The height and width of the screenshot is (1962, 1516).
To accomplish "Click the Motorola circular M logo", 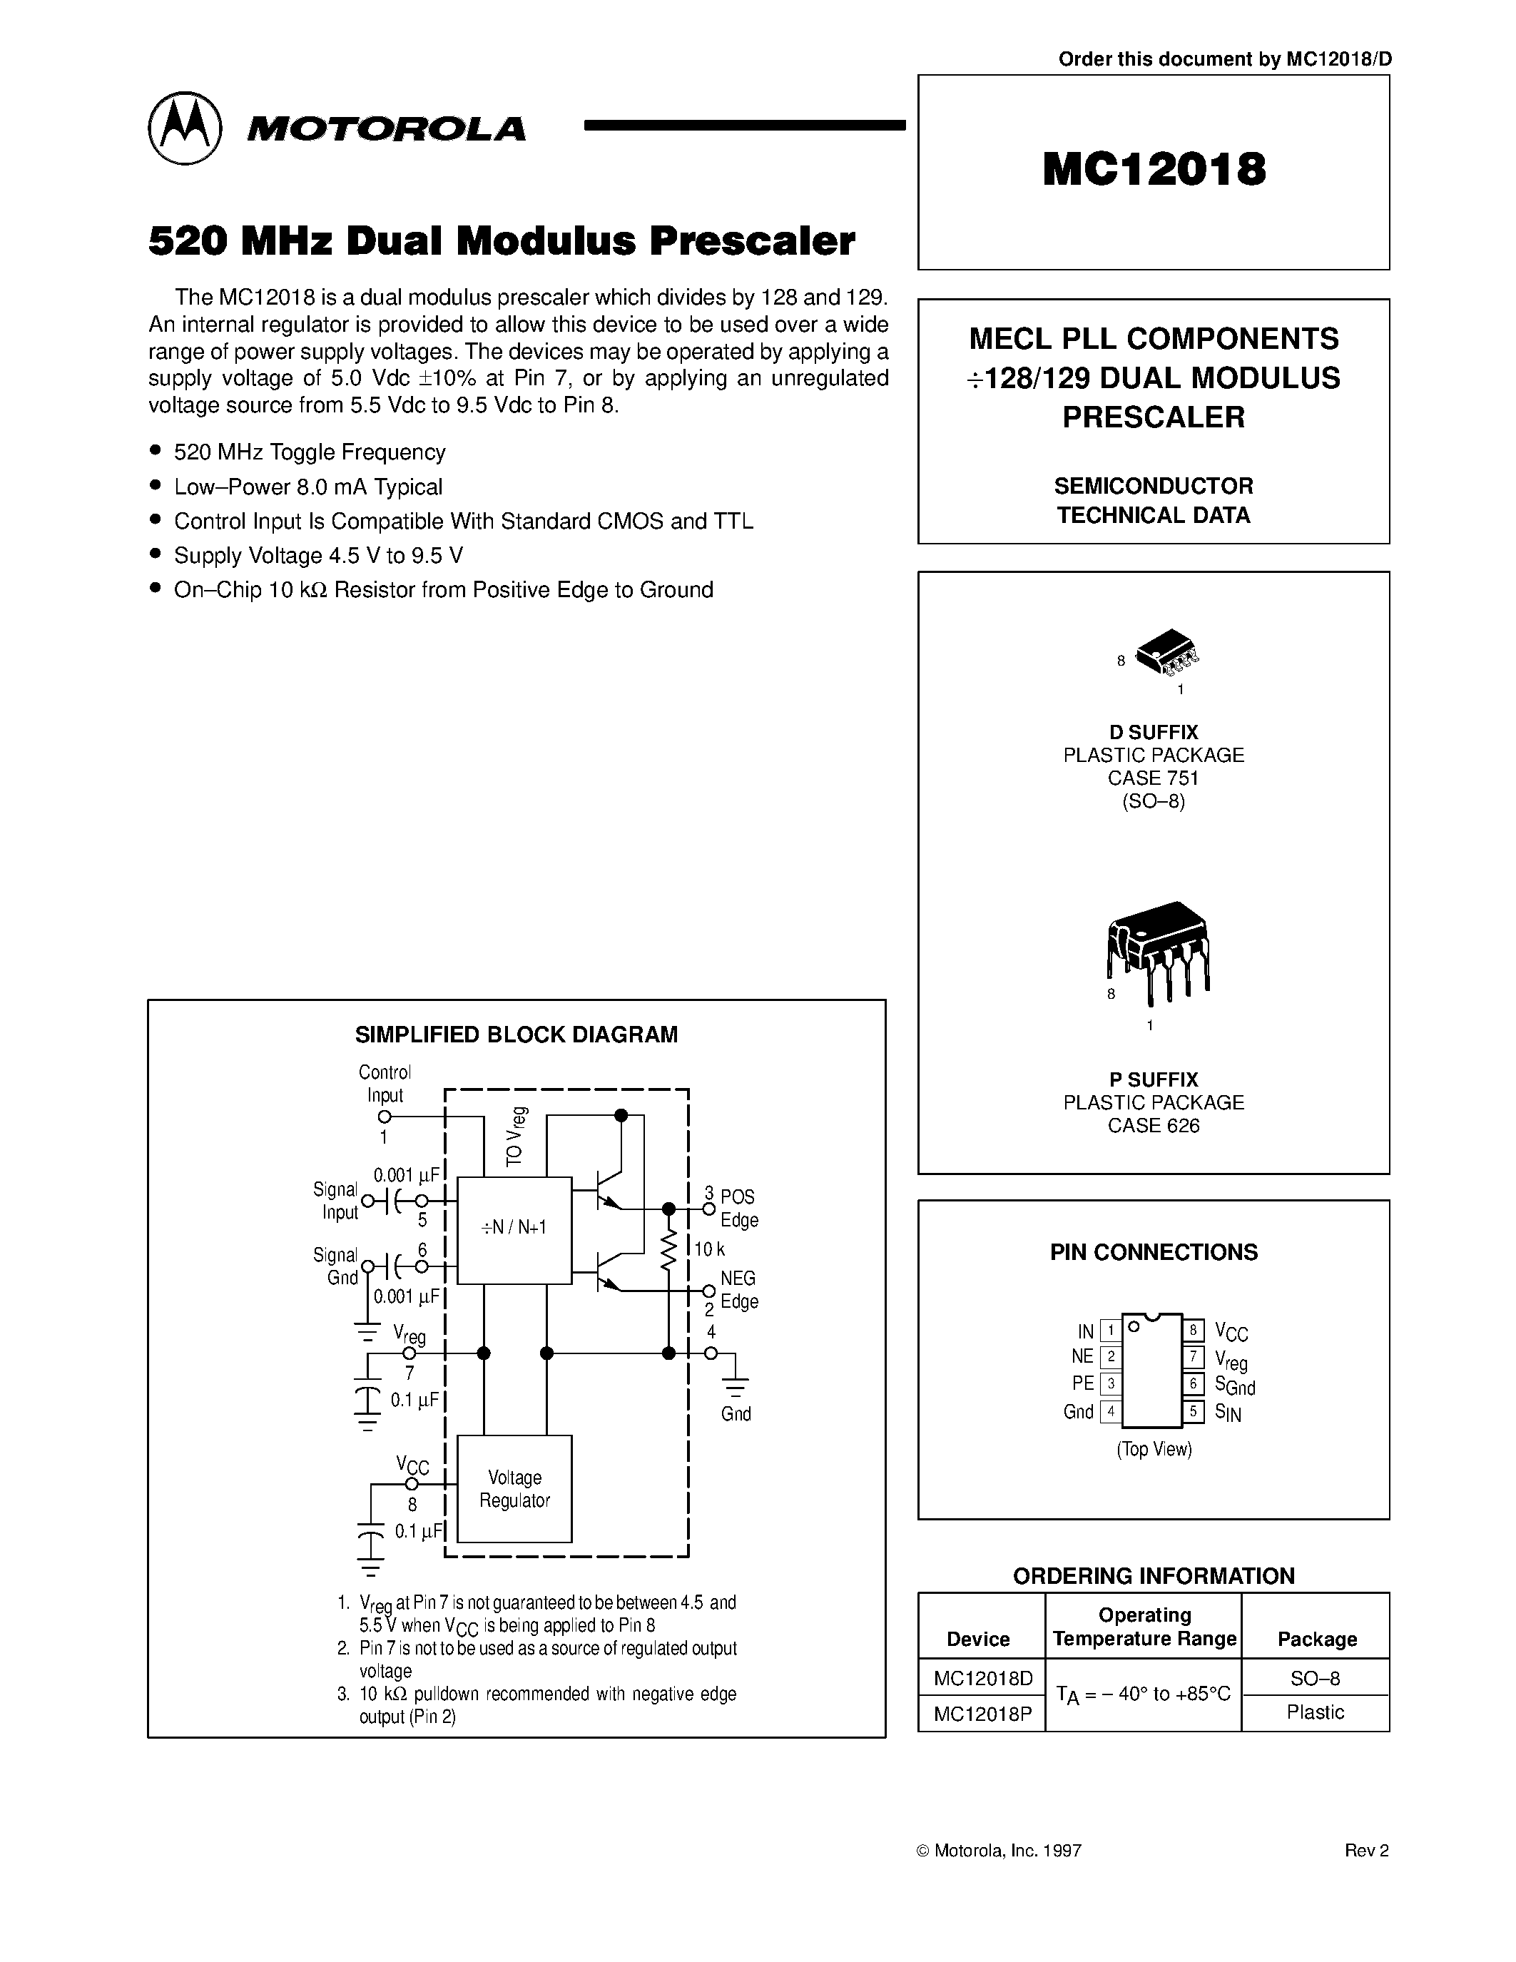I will [184, 128].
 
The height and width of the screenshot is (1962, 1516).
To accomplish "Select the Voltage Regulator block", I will [514, 1488].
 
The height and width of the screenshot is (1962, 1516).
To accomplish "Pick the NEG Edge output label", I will [738, 1289].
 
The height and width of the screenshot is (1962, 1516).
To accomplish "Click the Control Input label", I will [385, 1084].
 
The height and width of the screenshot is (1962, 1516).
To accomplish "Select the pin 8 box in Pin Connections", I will [1193, 1331].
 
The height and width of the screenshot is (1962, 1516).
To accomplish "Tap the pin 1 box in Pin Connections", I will [1111, 1331].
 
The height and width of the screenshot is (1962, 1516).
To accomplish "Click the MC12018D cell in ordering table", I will [982, 1678].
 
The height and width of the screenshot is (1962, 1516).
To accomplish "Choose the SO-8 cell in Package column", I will [1315, 1678].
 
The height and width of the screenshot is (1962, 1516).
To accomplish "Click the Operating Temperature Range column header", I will [1144, 1627].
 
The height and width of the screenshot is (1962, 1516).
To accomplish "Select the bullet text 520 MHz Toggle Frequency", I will [309, 452].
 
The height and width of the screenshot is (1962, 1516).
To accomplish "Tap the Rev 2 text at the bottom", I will [1366, 1851].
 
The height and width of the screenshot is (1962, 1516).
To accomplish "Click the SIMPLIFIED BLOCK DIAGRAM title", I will [516, 1035].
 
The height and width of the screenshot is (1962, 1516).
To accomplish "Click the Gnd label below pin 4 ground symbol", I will [736, 1414].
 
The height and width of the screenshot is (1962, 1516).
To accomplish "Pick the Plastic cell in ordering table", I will [1315, 1712].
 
